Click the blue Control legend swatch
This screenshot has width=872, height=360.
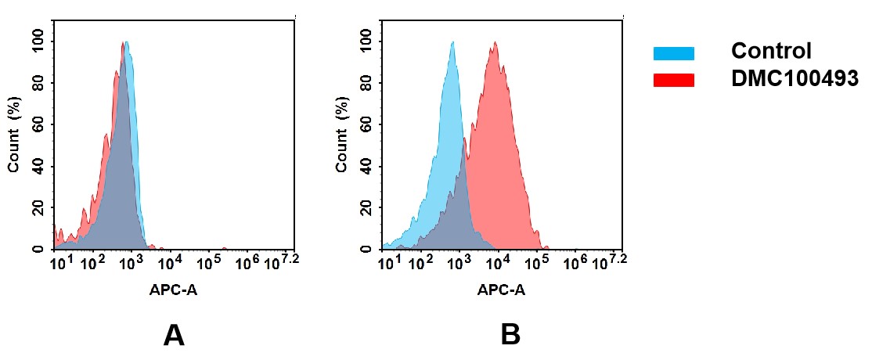pyautogui.click(x=673, y=53)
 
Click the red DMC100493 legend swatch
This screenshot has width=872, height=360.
pyautogui.click(x=673, y=80)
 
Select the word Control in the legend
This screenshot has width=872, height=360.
pyautogui.click(x=770, y=52)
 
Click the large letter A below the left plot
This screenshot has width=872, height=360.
pyautogui.click(x=173, y=335)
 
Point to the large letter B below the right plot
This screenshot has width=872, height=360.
pyautogui.click(x=510, y=335)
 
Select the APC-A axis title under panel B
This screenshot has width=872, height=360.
pyautogui.click(x=501, y=290)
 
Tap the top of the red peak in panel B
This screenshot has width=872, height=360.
pyautogui.click(x=494, y=45)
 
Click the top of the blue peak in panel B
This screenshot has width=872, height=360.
pyautogui.click(x=452, y=43)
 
